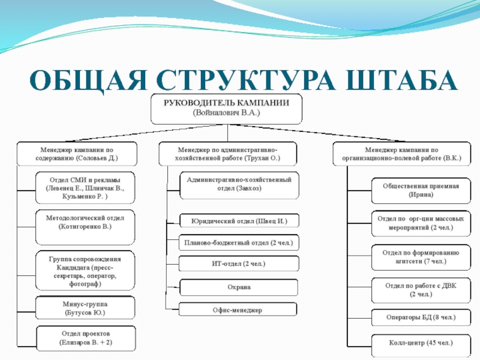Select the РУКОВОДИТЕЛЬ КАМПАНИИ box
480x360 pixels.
pyautogui.click(x=226, y=108)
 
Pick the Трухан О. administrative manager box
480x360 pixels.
pyautogui.click(x=228, y=154)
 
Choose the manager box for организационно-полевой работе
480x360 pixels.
pyautogui.click(x=397, y=154)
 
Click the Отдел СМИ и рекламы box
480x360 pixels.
pyautogui.click(x=85, y=188)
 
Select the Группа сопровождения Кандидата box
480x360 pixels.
pyautogui.click(x=85, y=272)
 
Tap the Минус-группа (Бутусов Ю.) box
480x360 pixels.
pyautogui.click(x=85, y=308)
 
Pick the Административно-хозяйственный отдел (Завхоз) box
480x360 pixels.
pyautogui.click(x=239, y=184)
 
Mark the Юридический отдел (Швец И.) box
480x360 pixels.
pyautogui.click(x=239, y=221)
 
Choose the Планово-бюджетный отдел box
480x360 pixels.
pyautogui.click(x=239, y=243)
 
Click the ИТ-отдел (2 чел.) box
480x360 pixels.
pyautogui.click(x=239, y=264)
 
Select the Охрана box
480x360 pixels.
pyautogui.click(x=239, y=287)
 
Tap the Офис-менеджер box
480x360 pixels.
pyautogui.click(x=239, y=310)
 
